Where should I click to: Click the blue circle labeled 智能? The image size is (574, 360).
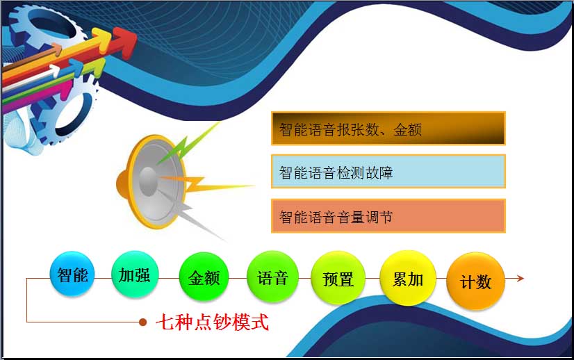click(x=72, y=274)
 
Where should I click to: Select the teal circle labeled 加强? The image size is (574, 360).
click(x=135, y=275)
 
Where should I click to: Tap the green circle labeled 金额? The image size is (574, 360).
click(x=204, y=277)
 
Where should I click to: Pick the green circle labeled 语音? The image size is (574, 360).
click(x=272, y=277)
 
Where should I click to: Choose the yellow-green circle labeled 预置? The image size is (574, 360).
click(x=338, y=278)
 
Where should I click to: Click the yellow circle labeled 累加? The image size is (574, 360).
click(x=408, y=278)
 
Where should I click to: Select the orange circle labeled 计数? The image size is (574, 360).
click(x=476, y=281)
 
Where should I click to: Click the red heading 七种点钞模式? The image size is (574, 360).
click(x=213, y=322)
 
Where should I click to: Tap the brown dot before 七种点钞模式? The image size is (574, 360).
click(x=142, y=322)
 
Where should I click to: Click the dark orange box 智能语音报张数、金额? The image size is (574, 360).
click(x=388, y=129)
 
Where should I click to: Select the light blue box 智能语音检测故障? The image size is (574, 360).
click(x=388, y=172)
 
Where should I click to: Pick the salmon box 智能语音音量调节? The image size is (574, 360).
click(x=388, y=216)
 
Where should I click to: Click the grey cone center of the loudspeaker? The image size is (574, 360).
click(x=149, y=181)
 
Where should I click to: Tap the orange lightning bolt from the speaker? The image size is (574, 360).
click(x=205, y=184)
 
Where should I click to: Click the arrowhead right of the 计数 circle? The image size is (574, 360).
click(x=520, y=278)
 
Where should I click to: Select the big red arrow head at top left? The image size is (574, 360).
click(x=124, y=42)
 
